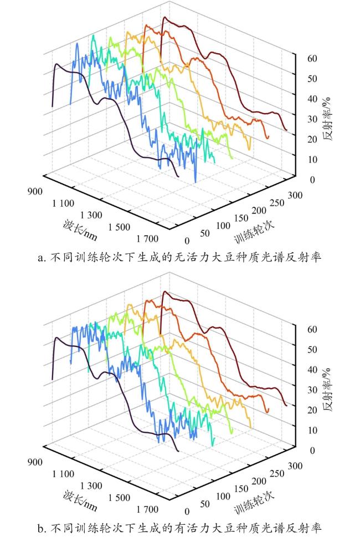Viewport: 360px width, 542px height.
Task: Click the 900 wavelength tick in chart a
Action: coord(35,191)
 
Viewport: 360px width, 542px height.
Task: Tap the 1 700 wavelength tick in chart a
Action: coord(147,239)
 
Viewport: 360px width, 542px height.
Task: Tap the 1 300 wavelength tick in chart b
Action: coord(91,485)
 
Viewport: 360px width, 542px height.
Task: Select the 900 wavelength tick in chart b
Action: coord(35,462)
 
